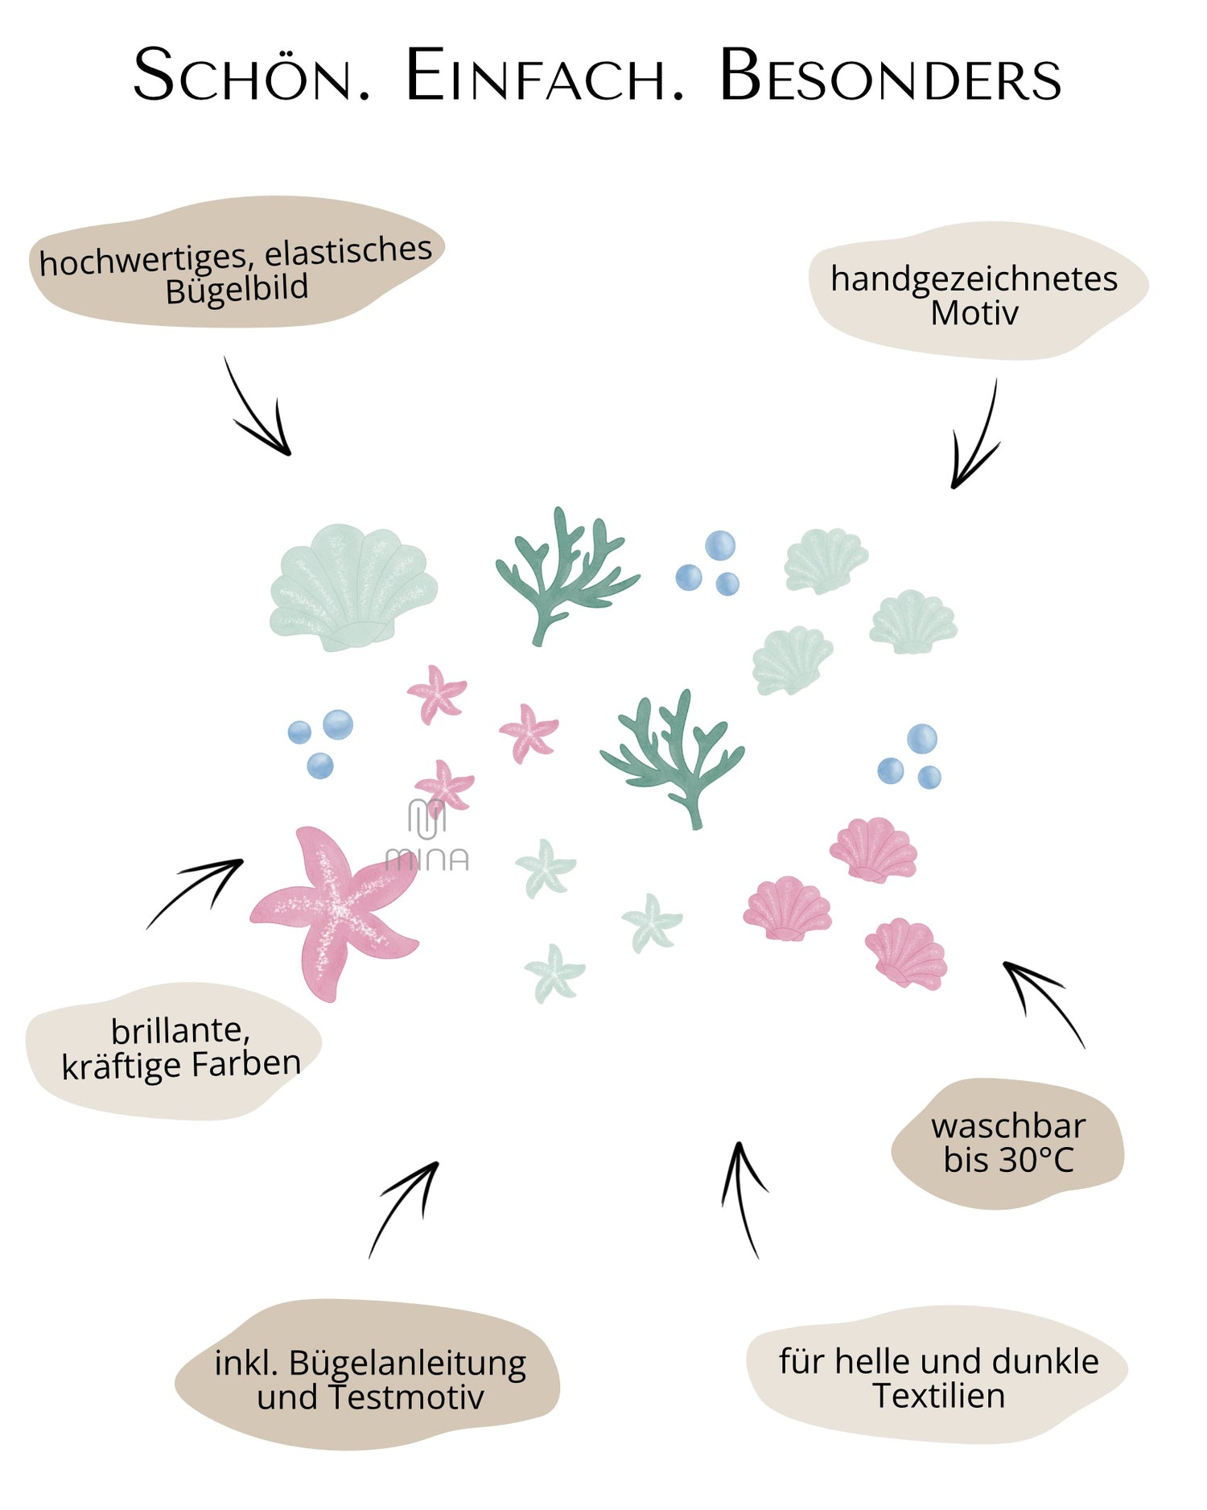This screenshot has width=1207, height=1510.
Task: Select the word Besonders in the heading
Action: (889, 76)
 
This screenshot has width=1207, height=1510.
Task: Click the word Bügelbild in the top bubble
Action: (237, 289)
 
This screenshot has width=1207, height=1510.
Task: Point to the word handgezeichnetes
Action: (974, 278)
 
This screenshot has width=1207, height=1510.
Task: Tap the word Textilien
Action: (938, 1396)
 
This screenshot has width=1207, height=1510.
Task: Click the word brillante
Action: (180, 1030)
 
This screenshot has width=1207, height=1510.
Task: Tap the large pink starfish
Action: (334, 910)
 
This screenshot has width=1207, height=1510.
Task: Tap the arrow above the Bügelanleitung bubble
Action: (405, 1207)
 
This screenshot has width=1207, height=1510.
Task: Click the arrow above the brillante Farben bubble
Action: (197, 892)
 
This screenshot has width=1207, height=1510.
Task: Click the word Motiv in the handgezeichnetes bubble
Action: (974, 313)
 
